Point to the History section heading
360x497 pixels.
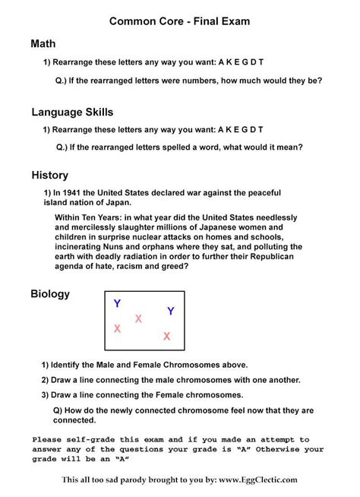pos(49,175)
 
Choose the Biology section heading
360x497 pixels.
pos(50,293)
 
